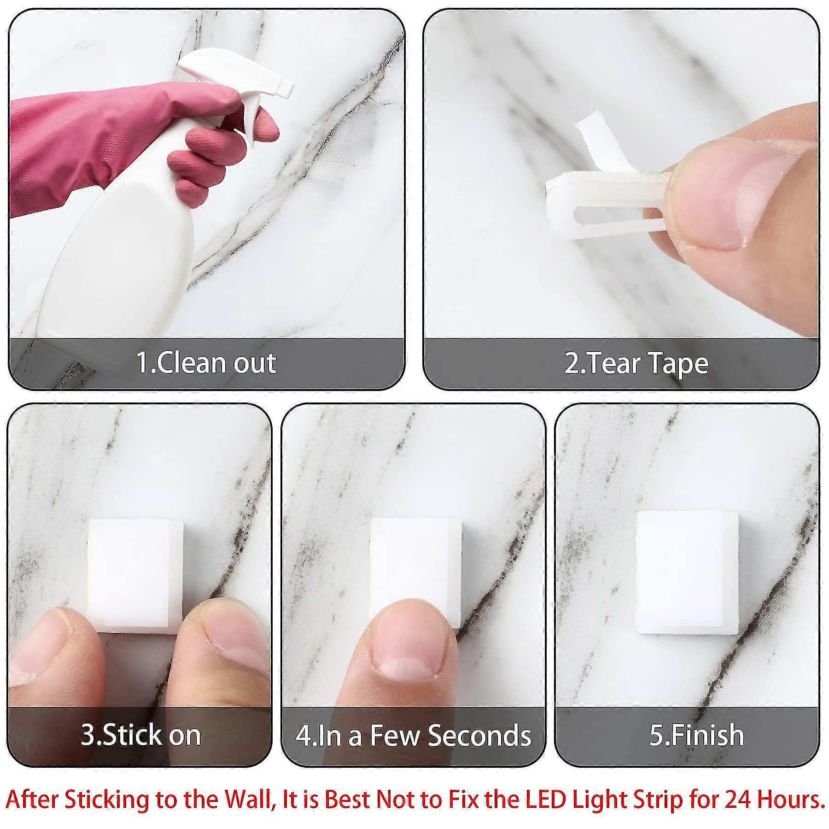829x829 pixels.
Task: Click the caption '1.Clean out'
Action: click(206, 363)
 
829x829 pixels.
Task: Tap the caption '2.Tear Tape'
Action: click(636, 363)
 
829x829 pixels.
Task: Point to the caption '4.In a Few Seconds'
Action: click(413, 735)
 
